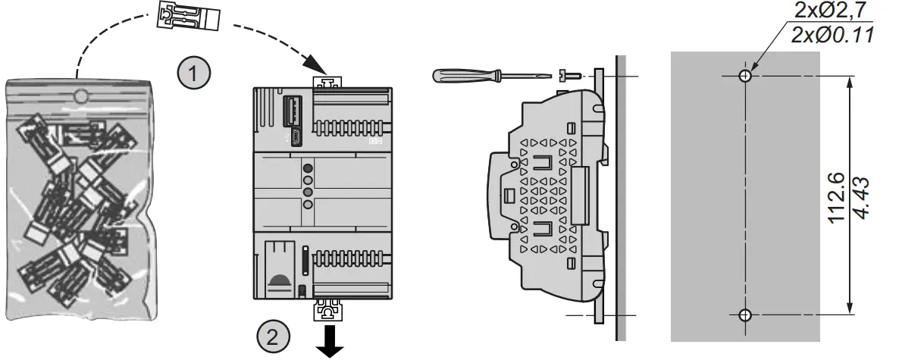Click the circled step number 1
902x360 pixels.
(x=194, y=74)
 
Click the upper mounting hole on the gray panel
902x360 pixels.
(x=746, y=75)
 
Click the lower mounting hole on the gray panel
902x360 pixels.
(x=746, y=314)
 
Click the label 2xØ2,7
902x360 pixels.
(x=832, y=11)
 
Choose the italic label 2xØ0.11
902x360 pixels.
(x=832, y=35)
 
